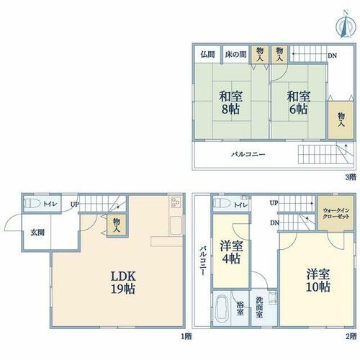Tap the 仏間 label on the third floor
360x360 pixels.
tap(207, 55)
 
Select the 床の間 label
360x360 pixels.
tap(235, 55)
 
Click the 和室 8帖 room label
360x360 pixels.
tap(230, 103)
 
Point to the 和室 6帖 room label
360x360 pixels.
tap(299, 103)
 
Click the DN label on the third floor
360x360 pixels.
tap(333, 56)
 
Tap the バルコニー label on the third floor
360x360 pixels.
tap(248, 154)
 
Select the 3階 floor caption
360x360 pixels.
tap(351, 177)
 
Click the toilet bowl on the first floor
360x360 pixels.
tap(32, 203)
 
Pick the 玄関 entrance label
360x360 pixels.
tap(37, 233)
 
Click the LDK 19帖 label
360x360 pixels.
tap(123, 282)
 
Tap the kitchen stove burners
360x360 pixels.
tap(176, 202)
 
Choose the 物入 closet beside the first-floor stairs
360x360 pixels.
tap(117, 225)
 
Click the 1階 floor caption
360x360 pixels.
tap(186, 337)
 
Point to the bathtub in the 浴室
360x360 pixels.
tap(222, 310)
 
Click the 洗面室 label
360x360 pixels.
tap(259, 307)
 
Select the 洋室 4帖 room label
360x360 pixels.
tap(231, 252)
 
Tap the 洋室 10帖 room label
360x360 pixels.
tap(318, 280)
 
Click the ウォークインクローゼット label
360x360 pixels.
tap(336, 213)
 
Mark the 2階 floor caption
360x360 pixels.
tap(351, 337)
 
